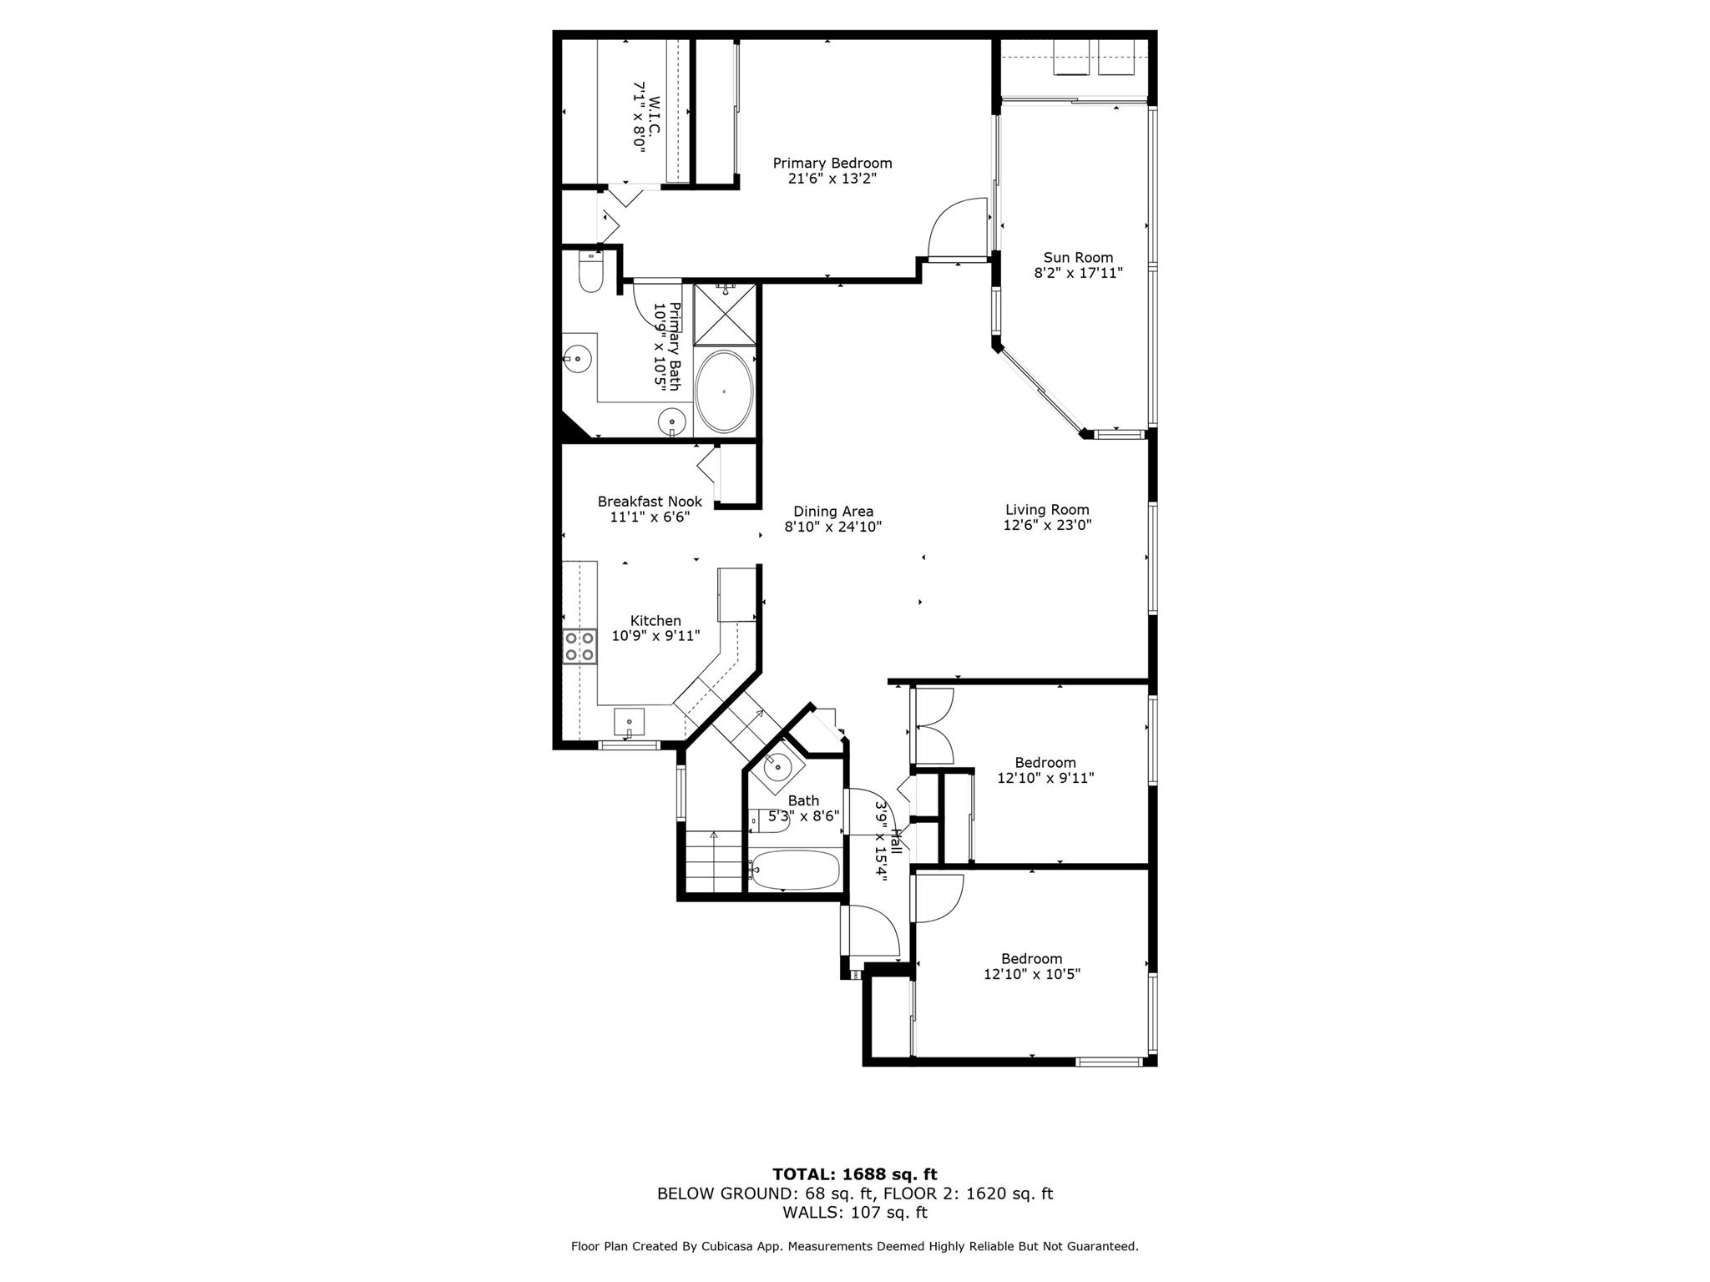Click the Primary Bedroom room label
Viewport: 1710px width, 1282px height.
click(832, 164)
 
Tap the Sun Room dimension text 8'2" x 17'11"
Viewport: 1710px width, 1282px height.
click(1078, 273)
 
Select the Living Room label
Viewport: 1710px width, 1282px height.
click(1047, 510)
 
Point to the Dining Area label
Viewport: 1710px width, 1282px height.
click(833, 512)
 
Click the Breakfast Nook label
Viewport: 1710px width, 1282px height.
click(650, 502)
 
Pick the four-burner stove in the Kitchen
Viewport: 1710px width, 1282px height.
click(580, 646)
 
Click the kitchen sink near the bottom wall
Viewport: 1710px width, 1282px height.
click(629, 720)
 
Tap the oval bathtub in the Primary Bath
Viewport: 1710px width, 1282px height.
click(724, 391)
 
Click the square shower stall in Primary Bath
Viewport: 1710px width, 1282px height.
click(725, 314)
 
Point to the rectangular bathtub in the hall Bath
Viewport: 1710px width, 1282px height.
click(793, 870)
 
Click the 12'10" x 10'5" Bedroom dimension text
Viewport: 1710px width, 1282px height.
click(1032, 974)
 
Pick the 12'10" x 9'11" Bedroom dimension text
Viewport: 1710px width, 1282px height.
click(1045, 778)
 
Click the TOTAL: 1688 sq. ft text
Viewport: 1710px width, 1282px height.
click(855, 1175)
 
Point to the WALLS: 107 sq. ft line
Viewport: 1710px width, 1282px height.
click(855, 1213)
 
